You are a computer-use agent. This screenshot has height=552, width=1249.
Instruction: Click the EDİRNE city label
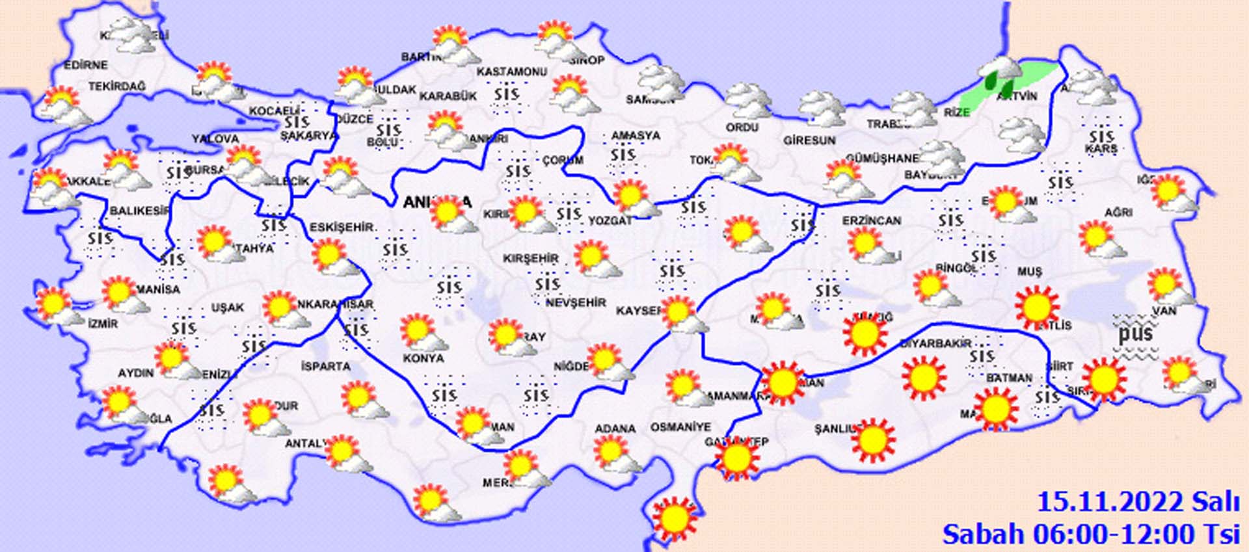(86, 65)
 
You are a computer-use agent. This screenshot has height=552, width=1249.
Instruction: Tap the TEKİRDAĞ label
(117, 86)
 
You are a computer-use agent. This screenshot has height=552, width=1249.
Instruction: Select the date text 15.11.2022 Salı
(1138, 503)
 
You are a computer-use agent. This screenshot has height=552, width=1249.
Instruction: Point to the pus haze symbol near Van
(1136, 334)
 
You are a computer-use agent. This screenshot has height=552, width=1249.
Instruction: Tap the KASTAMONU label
(511, 72)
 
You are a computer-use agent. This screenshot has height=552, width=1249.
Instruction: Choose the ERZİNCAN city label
(872, 221)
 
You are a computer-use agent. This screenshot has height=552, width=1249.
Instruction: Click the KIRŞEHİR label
(531, 259)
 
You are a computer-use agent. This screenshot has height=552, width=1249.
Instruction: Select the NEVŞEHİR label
(576, 303)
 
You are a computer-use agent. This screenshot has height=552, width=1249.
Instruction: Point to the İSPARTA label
(326, 367)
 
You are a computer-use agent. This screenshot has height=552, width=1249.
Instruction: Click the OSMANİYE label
(680, 427)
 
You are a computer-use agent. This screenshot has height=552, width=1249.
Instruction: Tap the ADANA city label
(615, 428)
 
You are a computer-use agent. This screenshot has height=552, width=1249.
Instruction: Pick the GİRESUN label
(809, 140)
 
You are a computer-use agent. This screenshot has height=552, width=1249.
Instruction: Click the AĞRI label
(1118, 212)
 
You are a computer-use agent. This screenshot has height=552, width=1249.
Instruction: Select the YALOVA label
(215, 139)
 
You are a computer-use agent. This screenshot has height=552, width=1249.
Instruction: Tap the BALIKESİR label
(140, 211)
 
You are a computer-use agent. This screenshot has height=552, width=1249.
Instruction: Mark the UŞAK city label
(228, 308)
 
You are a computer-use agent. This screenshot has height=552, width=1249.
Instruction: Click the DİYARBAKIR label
(935, 343)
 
